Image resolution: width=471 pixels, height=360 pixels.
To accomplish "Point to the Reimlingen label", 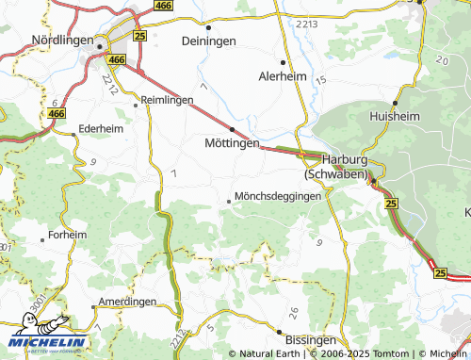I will pos(166,99).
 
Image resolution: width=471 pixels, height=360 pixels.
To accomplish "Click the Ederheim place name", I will pos(102,127).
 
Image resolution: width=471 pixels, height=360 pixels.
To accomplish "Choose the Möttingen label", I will pos(232,143).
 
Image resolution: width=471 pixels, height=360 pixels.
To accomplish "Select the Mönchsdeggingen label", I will pos(279,196).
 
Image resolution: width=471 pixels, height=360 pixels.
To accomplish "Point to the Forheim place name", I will pos(67,235).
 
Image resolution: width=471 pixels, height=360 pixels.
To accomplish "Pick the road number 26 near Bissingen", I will pos(293,312).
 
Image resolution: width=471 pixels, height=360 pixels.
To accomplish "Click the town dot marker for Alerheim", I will pos(283,62).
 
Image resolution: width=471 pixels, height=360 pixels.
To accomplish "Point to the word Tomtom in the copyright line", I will pos(389,353).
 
